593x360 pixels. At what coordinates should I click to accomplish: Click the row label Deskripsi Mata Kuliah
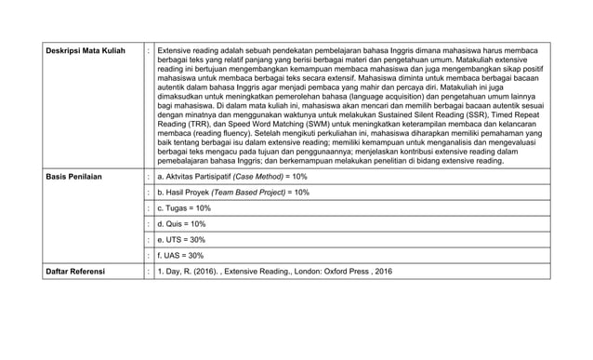coord(86,49)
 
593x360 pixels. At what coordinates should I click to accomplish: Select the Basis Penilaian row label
coord(75,176)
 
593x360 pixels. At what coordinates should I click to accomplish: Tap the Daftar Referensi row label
coord(77,273)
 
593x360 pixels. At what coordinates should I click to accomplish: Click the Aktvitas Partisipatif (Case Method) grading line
coord(233,176)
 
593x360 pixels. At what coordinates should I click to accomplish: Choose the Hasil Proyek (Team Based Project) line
coord(233,192)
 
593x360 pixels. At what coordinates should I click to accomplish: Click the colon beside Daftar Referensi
coord(148,273)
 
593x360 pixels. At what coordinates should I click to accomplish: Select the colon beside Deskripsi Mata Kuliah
coord(148,49)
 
